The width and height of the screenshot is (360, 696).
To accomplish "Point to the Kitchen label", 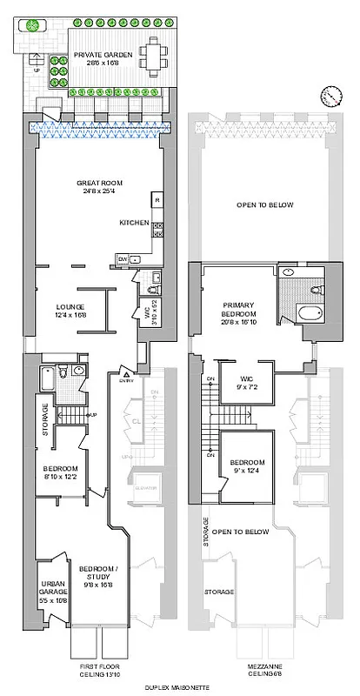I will [x=136, y=223].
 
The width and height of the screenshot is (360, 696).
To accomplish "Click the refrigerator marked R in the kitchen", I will [x=157, y=201].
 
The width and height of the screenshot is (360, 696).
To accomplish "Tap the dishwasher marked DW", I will [x=123, y=259].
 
